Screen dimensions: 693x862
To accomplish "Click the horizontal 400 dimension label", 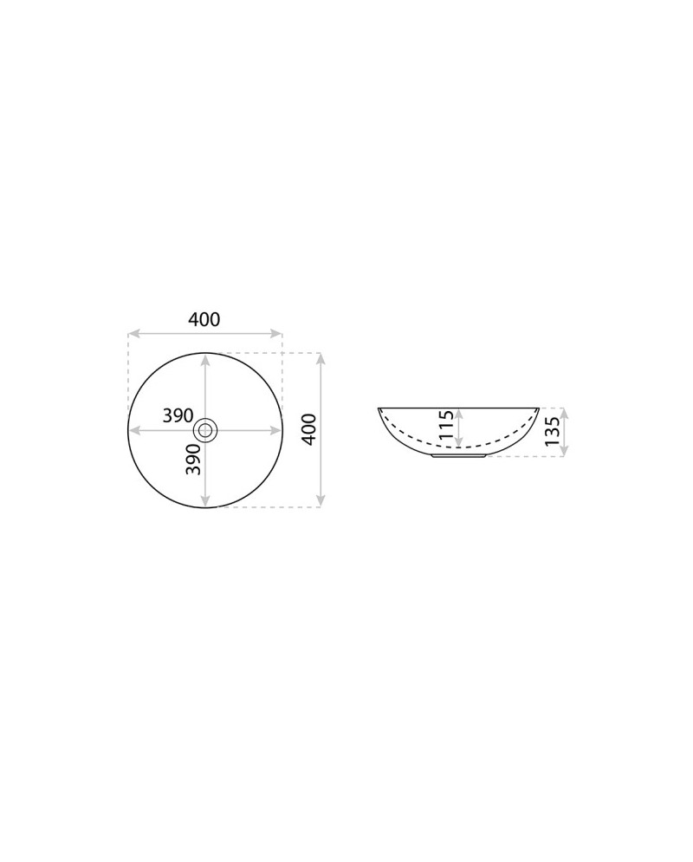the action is click(204, 319).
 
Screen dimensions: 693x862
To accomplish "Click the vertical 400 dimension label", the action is click(309, 429).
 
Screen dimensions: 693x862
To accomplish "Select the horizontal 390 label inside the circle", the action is click(178, 415).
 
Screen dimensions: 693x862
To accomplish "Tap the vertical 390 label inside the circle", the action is click(193, 459).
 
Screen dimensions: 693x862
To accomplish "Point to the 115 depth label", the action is click(446, 427).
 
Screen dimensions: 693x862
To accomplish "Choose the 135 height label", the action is click(553, 431).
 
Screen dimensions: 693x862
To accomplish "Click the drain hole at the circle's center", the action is click(205, 430).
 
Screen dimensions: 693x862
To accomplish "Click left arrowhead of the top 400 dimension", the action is click(134, 333).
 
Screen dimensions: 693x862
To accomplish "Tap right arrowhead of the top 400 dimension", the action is click(275, 333).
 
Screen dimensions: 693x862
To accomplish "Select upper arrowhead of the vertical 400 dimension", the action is click(321, 359).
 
